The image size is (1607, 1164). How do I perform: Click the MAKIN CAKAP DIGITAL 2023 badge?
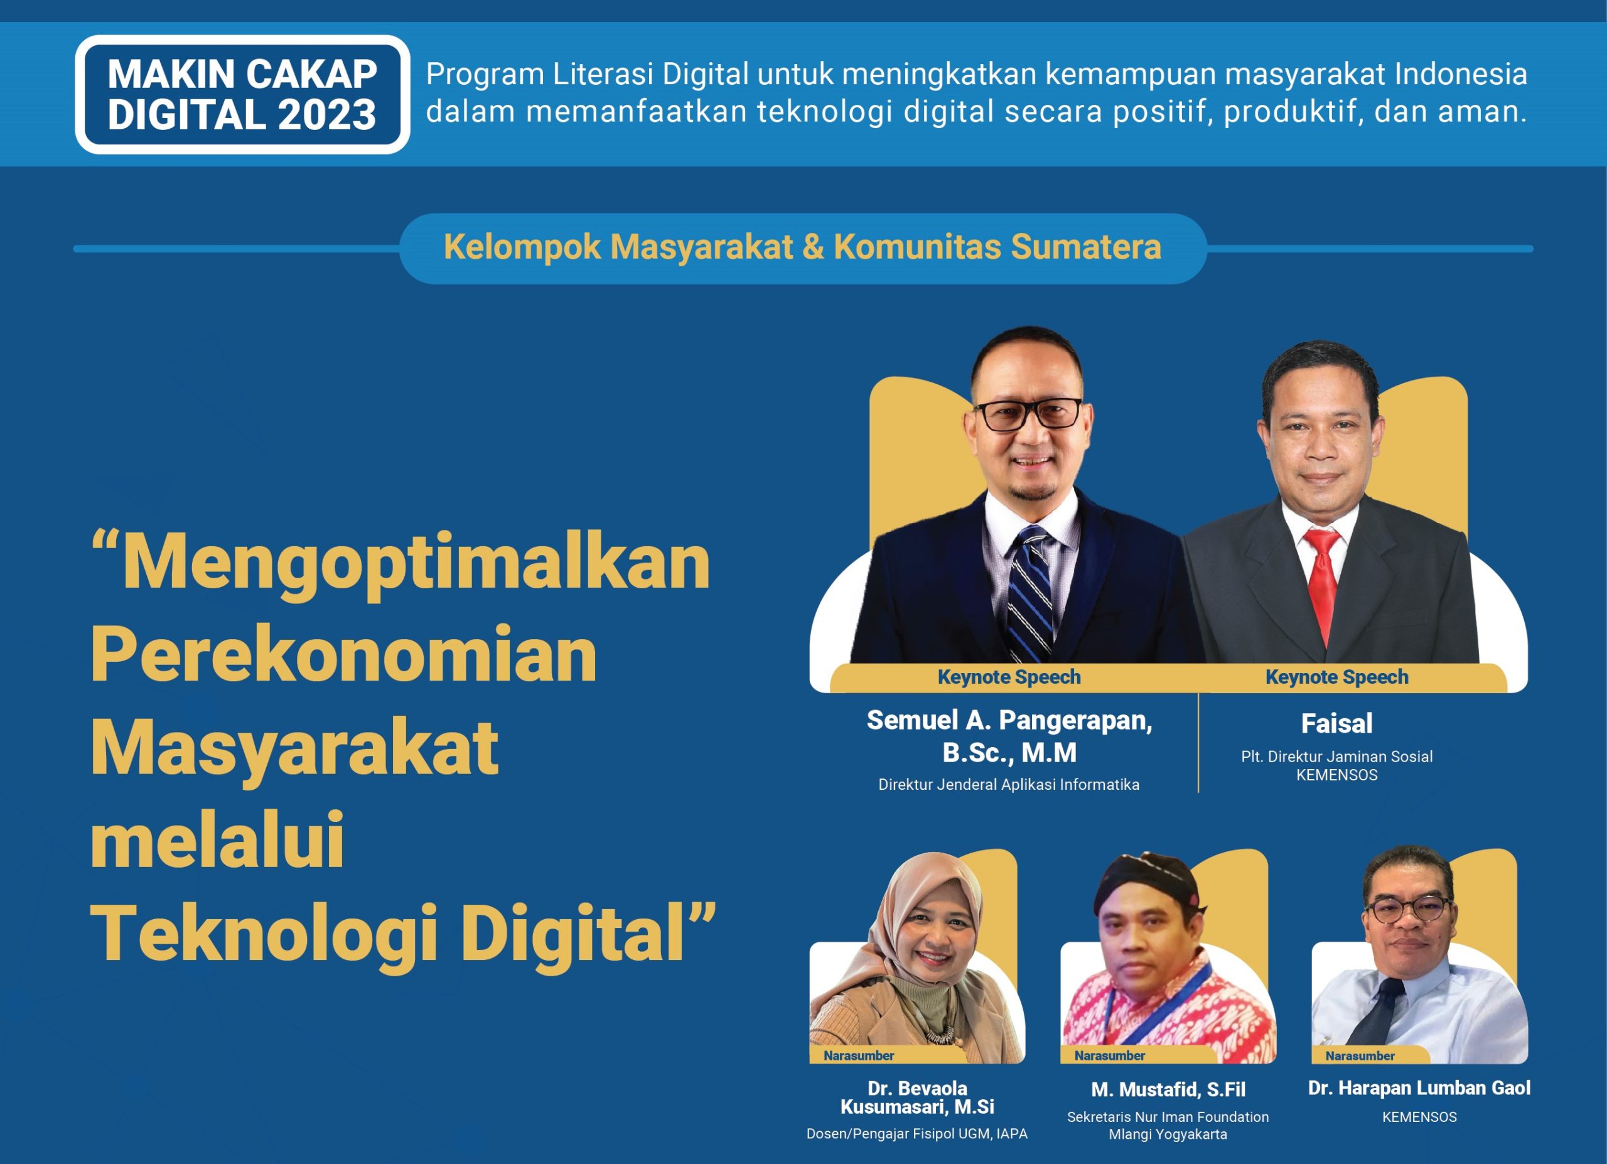pos(242,94)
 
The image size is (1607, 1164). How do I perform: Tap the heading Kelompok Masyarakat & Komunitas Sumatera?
pos(802,247)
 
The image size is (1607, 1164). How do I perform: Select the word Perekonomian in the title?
pos(343,655)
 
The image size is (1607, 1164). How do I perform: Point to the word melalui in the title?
pos(217,840)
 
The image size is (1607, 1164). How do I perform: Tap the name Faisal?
pos(1337,723)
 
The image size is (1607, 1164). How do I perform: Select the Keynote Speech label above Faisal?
pos(1337,677)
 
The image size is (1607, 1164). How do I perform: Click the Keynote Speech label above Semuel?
pos(1009,677)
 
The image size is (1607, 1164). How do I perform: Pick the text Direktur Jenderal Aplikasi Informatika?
pos(1009,784)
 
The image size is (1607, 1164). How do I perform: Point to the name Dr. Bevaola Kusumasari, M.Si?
pos(917,1097)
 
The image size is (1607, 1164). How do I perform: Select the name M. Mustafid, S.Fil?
pos(1168,1089)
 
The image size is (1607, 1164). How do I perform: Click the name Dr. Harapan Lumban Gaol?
pos(1419,1087)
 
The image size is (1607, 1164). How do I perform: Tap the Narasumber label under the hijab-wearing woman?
pos(859,1055)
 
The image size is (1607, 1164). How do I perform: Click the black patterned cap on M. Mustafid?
pos(1146,881)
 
